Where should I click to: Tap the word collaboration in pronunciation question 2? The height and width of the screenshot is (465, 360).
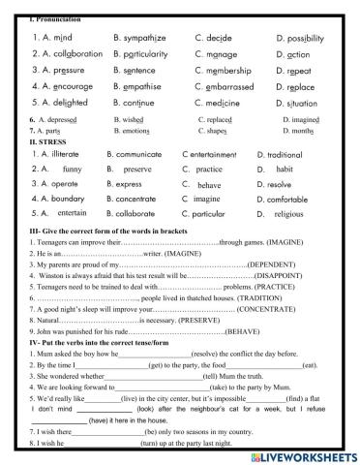60,54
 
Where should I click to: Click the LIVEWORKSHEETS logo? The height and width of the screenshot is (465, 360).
305,455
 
